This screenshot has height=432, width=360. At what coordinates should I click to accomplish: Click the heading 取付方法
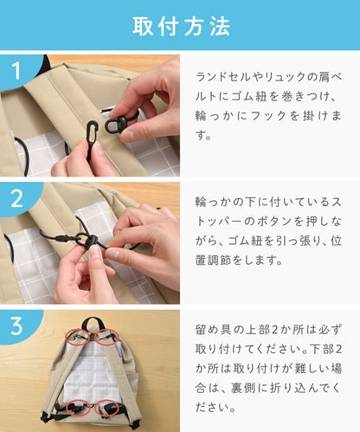(x=181, y=26)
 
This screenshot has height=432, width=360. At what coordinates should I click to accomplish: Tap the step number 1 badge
(x=16, y=71)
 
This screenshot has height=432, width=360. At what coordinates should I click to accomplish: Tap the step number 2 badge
(x=16, y=198)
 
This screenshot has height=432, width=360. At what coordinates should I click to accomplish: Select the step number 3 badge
(x=16, y=326)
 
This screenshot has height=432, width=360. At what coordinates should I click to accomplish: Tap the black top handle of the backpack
(x=92, y=324)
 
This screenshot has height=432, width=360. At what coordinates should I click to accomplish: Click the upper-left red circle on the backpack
(x=77, y=337)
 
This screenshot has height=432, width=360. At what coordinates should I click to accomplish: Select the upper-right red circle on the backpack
(x=106, y=337)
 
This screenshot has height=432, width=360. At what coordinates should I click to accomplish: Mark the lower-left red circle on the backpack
(x=78, y=408)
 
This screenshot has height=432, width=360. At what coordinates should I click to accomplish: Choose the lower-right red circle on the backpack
(x=106, y=408)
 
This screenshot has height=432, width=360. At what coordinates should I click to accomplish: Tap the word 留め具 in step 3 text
(x=214, y=330)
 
